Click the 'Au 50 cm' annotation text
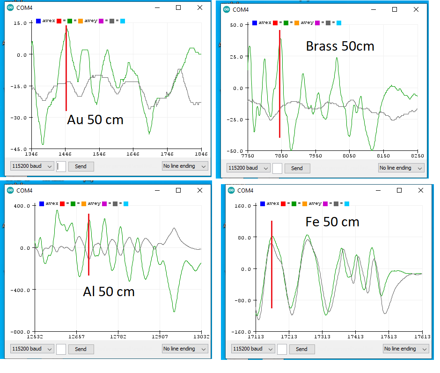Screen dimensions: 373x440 pos(95,119)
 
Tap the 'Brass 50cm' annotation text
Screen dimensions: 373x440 pos(340,46)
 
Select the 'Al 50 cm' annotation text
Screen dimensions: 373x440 pos(109,291)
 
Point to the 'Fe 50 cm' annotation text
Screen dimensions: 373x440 pos(332,221)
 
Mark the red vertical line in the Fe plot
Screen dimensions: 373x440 pos(271,265)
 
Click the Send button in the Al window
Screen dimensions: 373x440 pos(81,349)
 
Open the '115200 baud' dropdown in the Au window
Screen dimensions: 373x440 pos(32,166)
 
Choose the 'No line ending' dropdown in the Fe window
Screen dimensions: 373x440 pos(404,349)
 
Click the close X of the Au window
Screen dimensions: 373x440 pos(200,7)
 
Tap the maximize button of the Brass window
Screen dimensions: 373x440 pos(394,9)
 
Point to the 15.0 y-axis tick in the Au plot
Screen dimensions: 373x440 pos(20,23)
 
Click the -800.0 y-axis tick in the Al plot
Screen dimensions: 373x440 pos(21,332)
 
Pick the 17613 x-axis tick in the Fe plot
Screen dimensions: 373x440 pos(422,336)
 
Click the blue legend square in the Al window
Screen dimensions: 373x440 pos(42,203)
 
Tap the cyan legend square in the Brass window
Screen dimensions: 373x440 pos(339,22)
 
